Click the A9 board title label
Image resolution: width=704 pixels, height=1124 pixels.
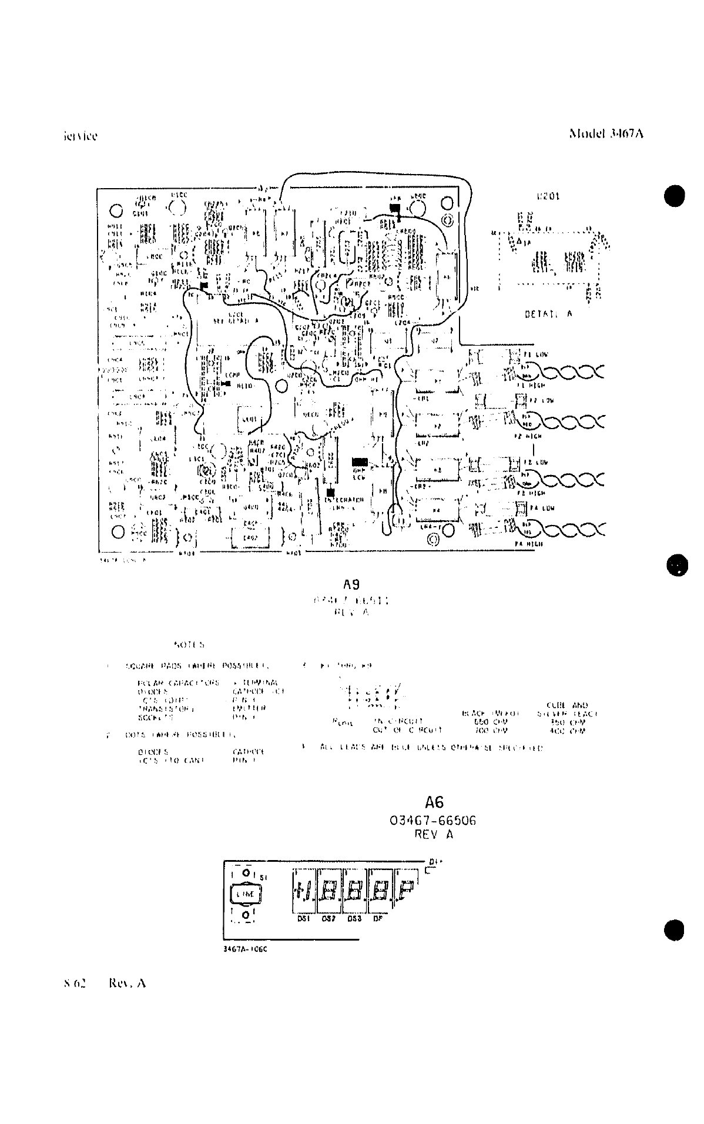[351, 585]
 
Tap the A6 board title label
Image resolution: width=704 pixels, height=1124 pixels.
[434, 802]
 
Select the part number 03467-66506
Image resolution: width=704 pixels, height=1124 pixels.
[433, 821]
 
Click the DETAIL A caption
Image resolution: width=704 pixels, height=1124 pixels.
[548, 314]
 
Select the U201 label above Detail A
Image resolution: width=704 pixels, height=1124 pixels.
[548, 197]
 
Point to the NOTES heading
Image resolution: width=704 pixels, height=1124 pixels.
[189, 645]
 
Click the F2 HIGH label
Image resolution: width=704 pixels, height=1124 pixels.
[529, 436]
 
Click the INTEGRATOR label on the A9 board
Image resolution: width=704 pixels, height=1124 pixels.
[344, 500]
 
